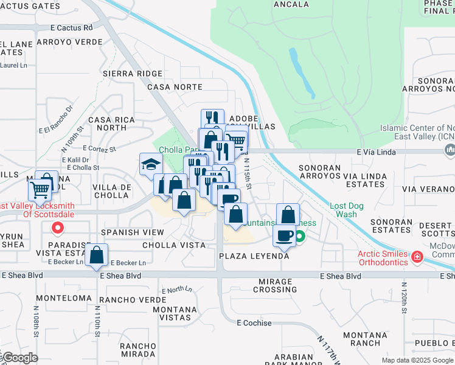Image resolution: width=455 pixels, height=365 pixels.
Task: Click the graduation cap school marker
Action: pyautogui.click(x=151, y=164)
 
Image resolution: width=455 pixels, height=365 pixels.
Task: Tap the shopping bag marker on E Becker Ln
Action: pyautogui.click(x=97, y=255)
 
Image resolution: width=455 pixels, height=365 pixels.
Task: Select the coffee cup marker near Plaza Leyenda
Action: pyautogui.click(x=284, y=235)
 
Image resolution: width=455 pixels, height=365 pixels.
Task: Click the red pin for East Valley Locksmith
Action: pyautogui.click(x=58, y=228)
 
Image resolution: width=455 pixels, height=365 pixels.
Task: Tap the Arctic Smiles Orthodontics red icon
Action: pyautogui.click(x=417, y=257)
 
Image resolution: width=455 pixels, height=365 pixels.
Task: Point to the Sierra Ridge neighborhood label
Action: pyautogui.click(x=133, y=73)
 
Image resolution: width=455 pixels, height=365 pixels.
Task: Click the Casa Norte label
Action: pyautogui.click(x=175, y=87)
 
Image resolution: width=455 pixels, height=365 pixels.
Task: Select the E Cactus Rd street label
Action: pyautogui.click(x=72, y=27)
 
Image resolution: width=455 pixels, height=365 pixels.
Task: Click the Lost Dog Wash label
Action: pyautogui.click(x=347, y=210)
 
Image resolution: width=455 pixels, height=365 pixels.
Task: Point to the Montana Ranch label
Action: pyautogui.click(x=365, y=339)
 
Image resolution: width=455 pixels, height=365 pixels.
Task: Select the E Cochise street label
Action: pyautogui.click(x=254, y=323)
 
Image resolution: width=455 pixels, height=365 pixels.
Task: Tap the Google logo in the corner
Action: pyautogui.click(x=20, y=358)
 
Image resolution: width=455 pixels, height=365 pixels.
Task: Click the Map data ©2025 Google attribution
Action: pyautogui.click(x=417, y=360)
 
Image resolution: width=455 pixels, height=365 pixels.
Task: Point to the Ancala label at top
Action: pyautogui.click(x=291, y=4)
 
